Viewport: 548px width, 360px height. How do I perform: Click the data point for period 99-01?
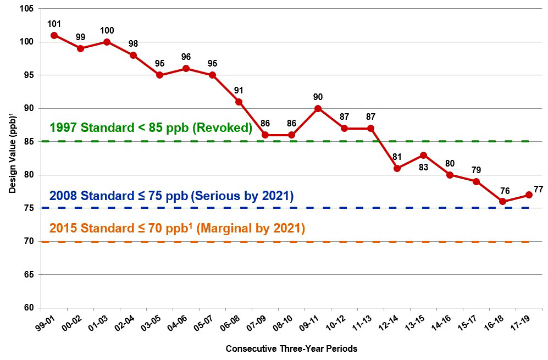coord(54,35)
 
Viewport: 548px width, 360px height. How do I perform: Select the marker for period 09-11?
coord(318,108)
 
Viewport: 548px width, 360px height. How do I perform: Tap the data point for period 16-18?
coord(502,201)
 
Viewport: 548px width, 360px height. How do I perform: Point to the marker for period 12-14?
coord(397,168)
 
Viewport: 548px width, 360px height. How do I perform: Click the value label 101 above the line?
coord(54,24)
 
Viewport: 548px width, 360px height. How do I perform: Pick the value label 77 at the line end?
coord(538,190)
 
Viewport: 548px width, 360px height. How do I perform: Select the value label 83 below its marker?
coord(423,167)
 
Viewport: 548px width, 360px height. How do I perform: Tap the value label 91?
coord(239,90)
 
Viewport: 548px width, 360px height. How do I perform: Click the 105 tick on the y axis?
coord(26,9)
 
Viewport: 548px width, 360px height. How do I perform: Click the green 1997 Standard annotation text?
coord(150,128)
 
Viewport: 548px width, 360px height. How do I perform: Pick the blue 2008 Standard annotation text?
coord(171,196)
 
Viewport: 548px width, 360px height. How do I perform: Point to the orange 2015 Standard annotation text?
coord(177,228)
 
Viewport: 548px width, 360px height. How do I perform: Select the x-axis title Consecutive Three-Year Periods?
coord(291,348)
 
